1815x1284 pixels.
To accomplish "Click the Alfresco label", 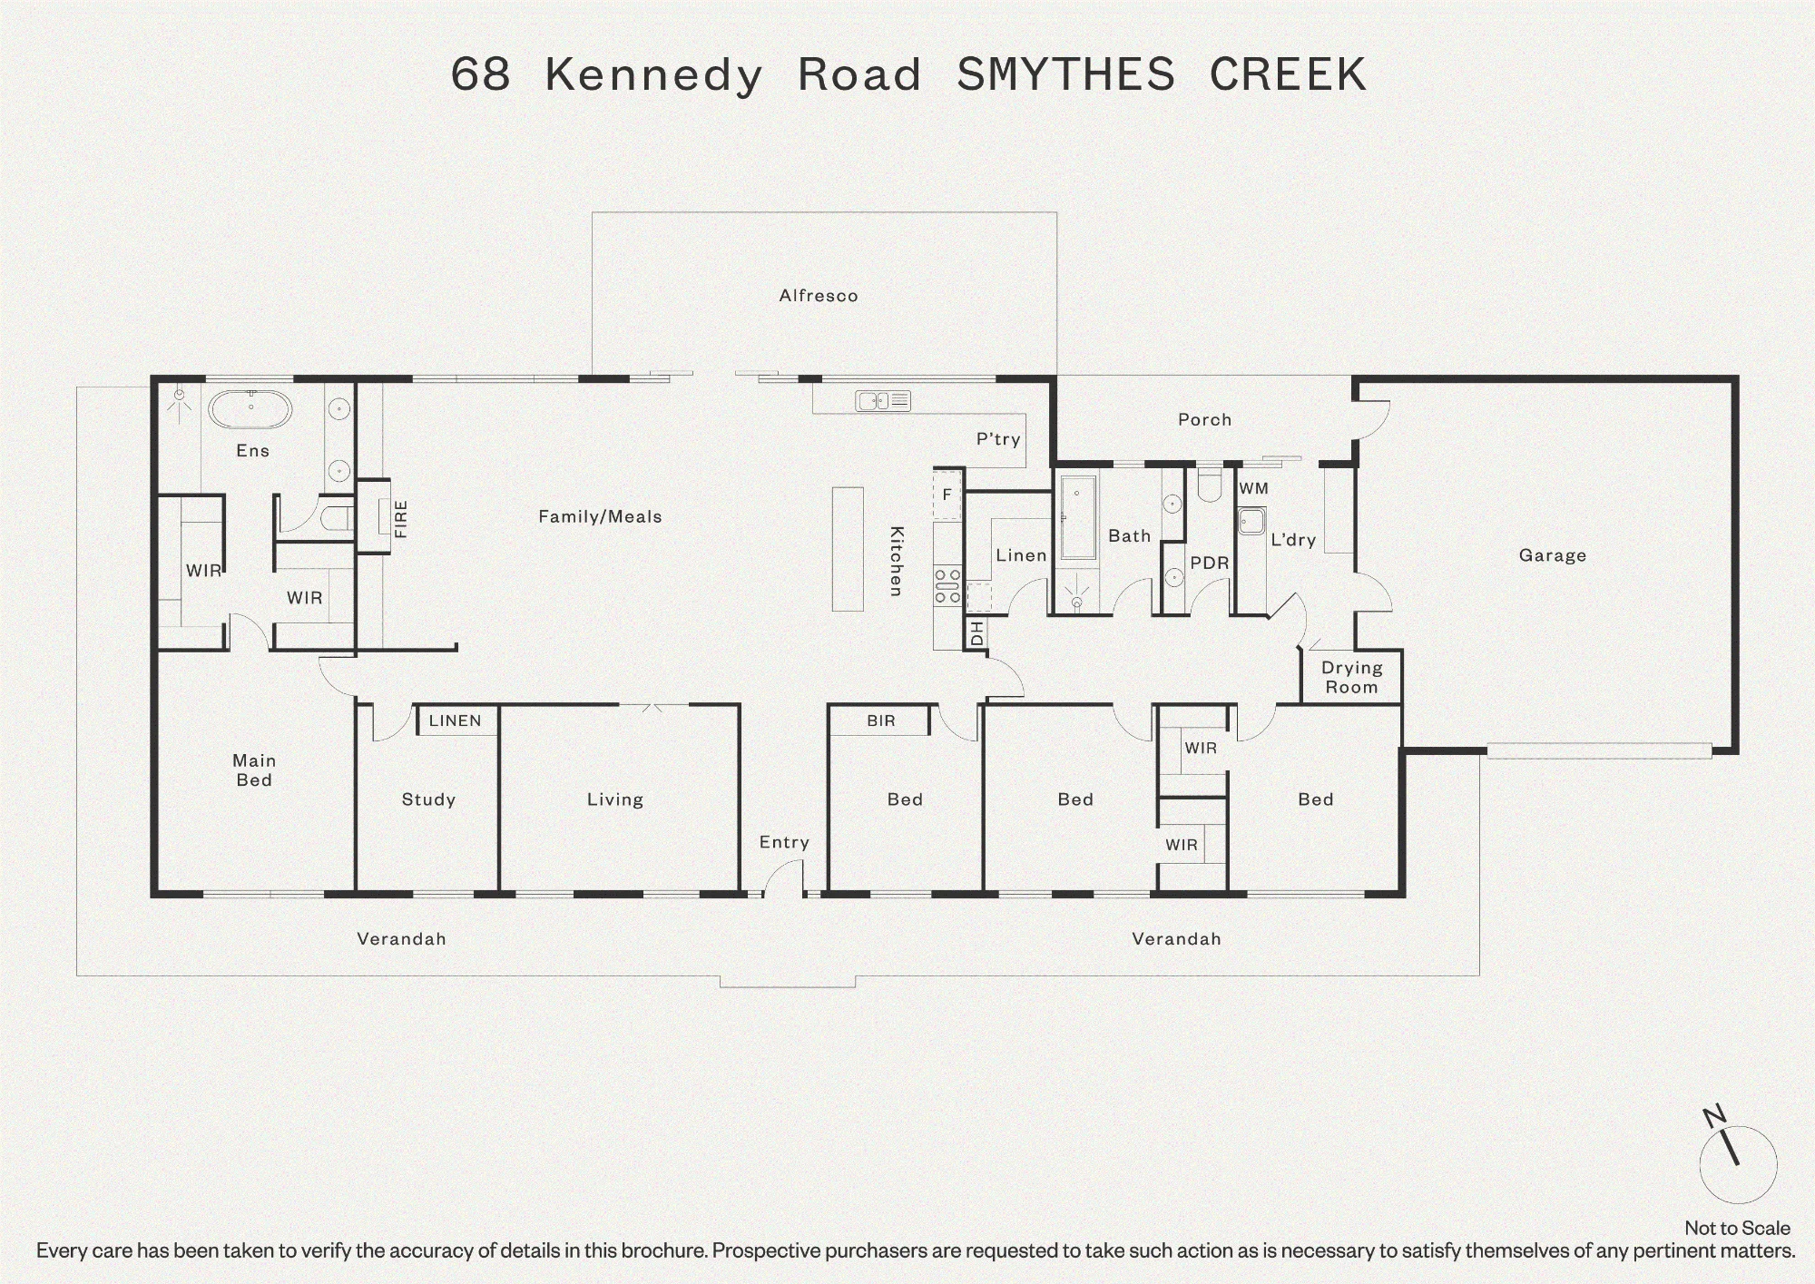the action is coord(818,296).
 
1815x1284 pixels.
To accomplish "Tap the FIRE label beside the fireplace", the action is coord(400,519).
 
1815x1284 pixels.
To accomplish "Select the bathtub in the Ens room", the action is coord(250,409).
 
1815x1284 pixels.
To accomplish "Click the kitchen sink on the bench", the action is coord(883,400).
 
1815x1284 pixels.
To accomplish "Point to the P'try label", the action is coord(998,439).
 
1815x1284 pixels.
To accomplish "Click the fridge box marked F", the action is coord(947,495).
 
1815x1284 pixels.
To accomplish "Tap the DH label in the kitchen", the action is coord(976,632).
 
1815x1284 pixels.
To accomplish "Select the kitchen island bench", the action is coord(848,549).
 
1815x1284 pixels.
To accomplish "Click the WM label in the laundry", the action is coord(1253,488).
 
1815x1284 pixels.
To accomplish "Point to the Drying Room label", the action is coord(1351,677).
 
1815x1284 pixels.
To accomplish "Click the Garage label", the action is coord(1553,555).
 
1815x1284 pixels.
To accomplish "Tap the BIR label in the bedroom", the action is coord(880,720).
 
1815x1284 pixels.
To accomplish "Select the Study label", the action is coord(428,799).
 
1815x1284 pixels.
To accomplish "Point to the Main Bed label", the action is coord(254,770).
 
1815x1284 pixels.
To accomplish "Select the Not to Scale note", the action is coord(1737,1228).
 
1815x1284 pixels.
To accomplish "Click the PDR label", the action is coord(1209,563).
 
